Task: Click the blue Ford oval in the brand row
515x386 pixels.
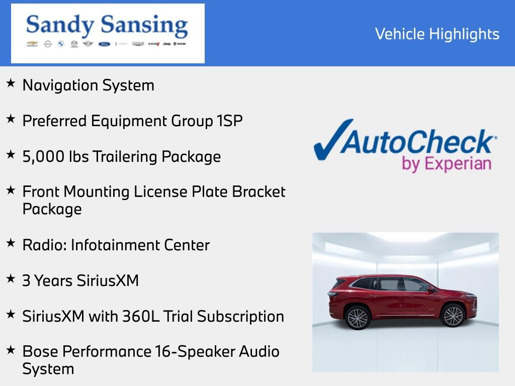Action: [x=104, y=44]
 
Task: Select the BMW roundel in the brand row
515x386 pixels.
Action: [x=61, y=44]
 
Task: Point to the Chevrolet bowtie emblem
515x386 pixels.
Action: [x=32, y=44]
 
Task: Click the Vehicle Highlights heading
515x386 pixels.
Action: [x=437, y=34]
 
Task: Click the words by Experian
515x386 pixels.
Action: [x=446, y=164]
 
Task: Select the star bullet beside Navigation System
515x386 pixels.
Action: [x=11, y=83]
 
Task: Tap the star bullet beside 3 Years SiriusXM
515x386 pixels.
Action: [x=11, y=278]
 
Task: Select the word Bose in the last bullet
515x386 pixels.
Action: [x=40, y=351]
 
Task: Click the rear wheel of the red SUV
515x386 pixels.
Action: [x=358, y=317]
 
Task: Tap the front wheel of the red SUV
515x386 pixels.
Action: [x=452, y=316]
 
